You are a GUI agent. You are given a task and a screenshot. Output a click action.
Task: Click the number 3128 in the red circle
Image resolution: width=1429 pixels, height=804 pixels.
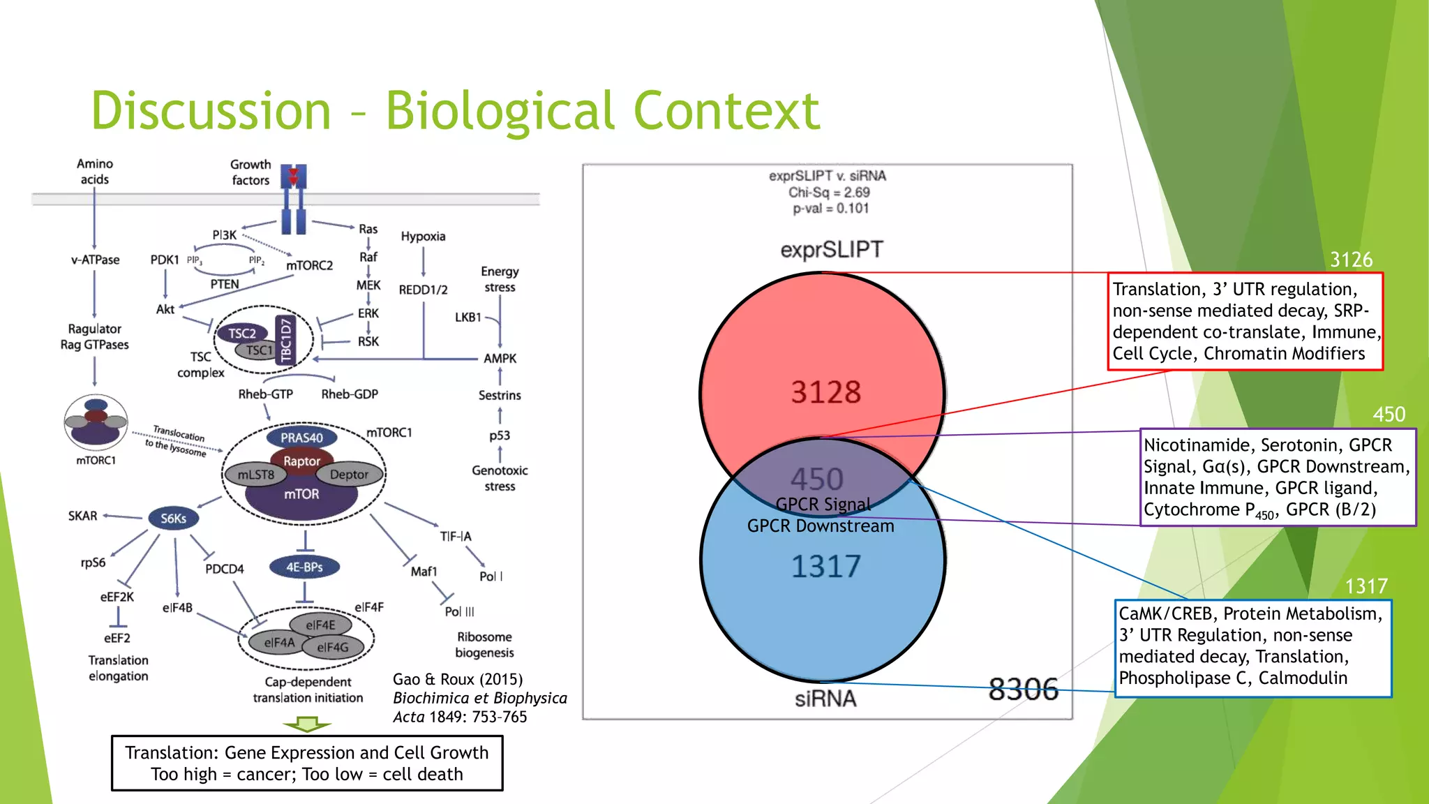point(825,392)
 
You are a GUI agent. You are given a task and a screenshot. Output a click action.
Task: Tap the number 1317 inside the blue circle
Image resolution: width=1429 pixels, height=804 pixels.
point(825,566)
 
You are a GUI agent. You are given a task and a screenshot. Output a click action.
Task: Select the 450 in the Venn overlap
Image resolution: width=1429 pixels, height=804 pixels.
point(817,479)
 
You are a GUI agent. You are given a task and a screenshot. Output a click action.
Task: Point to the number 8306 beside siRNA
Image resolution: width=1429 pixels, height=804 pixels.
point(1023,690)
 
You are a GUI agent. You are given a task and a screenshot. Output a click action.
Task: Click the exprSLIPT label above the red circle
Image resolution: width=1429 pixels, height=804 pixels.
point(831,250)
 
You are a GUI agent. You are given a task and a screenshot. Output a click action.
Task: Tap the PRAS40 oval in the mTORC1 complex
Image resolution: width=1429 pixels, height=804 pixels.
point(301,438)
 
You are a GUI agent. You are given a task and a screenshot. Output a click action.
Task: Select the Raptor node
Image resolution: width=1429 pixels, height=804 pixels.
point(301,461)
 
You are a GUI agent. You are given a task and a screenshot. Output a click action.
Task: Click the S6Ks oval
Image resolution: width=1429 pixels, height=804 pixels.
point(173,519)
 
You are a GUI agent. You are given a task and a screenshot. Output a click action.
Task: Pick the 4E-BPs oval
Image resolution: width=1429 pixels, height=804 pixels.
point(304,567)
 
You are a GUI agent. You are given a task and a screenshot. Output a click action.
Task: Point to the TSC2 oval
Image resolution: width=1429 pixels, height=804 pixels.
point(242,334)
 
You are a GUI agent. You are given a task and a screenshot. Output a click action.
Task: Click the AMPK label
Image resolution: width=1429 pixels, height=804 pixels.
point(500,359)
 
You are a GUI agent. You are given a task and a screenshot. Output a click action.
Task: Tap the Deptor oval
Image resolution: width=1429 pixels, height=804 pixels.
point(349,475)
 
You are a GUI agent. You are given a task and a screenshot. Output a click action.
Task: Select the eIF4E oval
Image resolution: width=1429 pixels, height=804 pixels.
point(320,625)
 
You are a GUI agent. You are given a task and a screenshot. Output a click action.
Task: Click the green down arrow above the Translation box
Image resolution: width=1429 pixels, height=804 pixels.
point(307,726)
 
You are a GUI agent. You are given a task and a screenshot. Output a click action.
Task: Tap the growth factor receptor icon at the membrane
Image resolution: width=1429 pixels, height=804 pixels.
point(293,199)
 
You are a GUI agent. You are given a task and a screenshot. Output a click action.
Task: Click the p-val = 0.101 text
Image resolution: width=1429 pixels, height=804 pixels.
point(830,209)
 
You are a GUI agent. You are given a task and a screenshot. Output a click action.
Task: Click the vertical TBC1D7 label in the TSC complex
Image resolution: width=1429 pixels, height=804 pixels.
point(285,341)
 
